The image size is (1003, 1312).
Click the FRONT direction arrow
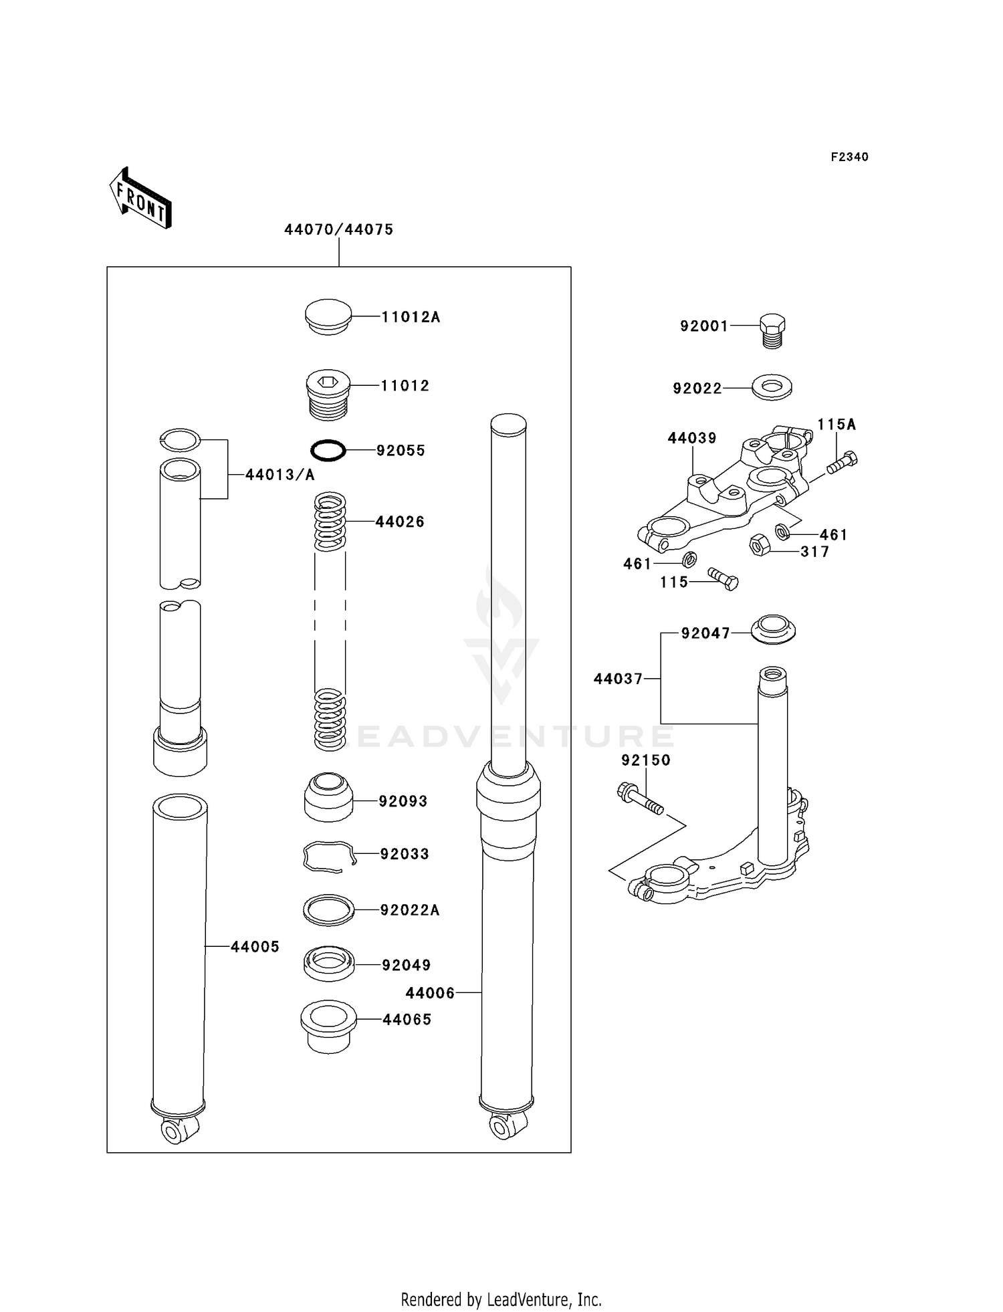coord(140,199)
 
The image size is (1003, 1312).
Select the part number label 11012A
coord(411,317)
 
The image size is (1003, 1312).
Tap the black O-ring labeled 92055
coord(328,450)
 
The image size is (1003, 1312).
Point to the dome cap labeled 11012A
coord(328,317)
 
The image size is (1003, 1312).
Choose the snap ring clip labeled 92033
coord(328,856)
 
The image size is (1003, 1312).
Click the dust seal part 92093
coord(328,798)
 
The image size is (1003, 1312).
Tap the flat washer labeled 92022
coord(772,387)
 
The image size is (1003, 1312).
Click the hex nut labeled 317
coord(759,545)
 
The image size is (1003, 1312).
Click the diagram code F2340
coord(849,157)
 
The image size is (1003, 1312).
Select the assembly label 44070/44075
coord(338,229)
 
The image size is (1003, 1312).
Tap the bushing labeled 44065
coord(328,1026)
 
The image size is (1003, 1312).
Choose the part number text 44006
coord(429,993)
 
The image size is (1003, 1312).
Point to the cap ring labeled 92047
coord(773,629)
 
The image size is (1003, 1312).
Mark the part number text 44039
coord(691,438)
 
